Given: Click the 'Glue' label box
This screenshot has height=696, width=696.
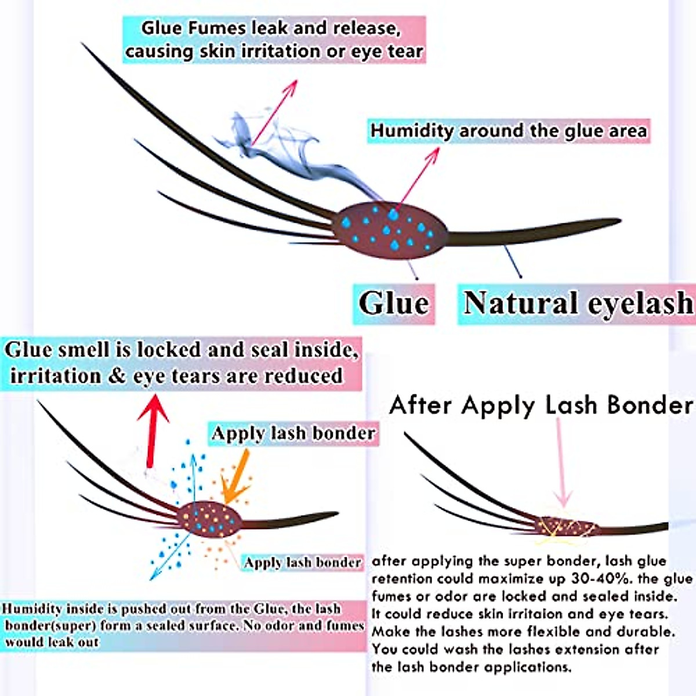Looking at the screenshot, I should (x=394, y=303).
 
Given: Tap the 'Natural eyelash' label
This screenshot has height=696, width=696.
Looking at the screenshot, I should (x=578, y=304).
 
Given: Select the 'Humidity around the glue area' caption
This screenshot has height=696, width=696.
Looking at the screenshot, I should (x=508, y=130).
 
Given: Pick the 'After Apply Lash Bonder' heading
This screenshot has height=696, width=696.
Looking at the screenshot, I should (x=541, y=405).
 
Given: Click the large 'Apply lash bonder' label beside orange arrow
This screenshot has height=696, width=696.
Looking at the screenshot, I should (x=293, y=433).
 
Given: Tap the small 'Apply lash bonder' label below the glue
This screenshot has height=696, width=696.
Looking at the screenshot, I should (x=302, y=563).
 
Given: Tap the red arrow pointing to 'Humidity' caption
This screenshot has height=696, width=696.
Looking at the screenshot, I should (x=419, y=177).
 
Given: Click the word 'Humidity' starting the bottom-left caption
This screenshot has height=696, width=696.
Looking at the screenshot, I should (x=32, y=610).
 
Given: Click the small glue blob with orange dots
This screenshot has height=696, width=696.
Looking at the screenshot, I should (x=209, y=519).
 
